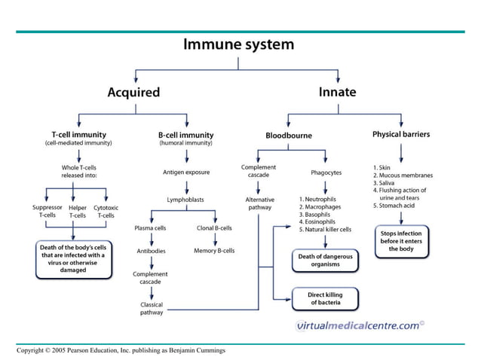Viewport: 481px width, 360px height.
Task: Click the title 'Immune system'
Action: pyautogui.click(x=239, y=44)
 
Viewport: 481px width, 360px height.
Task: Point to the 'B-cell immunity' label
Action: pyautogui.click(x=185, y=134)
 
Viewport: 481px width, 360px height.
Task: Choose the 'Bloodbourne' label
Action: pyautogui.click(x=288, y=136)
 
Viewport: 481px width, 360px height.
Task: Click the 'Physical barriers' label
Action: pyautogui.click(x=401, y=134)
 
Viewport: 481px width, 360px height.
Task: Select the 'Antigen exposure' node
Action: pyautogui.click(x=185, y=172)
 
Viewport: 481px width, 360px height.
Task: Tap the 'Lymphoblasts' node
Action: pyautogui.click(x=185, y=200)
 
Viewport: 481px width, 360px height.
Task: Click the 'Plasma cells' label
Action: pyautogui.click(x=150, y=227)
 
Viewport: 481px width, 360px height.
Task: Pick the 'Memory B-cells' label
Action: pyautogui.click(x=214, y=250)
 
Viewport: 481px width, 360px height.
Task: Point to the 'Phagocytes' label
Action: pyautogui.click(x=326, y=172)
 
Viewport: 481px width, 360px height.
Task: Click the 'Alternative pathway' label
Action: pyautogui.click(x=259, y=203)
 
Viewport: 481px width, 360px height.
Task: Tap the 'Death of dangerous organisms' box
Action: pyautogui.click(x=325, y=261)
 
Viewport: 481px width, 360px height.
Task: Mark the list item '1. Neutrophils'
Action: pyautogui.click(x=320, y=199)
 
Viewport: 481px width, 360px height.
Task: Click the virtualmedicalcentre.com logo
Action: pyautogui.click(x=359, y=325)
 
